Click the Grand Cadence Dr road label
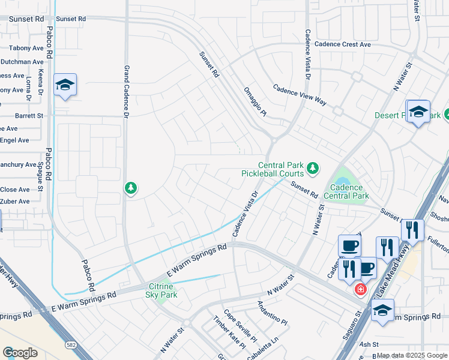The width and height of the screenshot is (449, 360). [x=127, y=90]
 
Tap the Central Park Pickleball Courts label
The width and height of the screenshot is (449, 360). [x=281, y=169]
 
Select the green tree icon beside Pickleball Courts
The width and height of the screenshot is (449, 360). [x=312, y=169]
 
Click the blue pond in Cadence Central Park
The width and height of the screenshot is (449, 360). [x=342, y=182]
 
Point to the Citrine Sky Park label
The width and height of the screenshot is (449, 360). [x=161, y=290]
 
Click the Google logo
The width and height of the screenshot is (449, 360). [x=20, y=353]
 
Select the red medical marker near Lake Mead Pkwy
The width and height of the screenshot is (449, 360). [x=360, y=289]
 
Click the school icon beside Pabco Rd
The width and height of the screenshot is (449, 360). [x=65, y=85]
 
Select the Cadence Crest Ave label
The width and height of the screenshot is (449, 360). [x=343, y=44]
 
